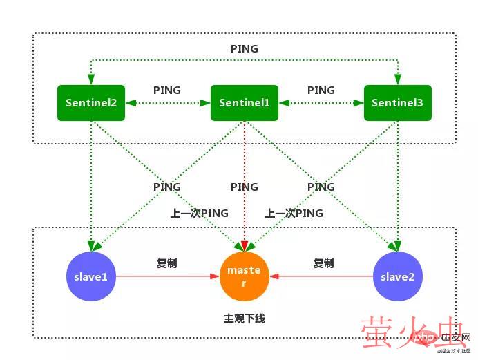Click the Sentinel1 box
tap(244, 103)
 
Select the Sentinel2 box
tap(91, 103)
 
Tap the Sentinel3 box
tap(397, 103)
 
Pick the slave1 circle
tap(91, 276)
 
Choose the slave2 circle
tap(397, 276)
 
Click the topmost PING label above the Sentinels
tap(244, 49)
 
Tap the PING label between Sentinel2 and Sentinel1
tap(167, 90)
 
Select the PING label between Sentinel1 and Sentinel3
tap(321, 90)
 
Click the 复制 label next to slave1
tap(167, 263)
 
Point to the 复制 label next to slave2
tap(323, 263)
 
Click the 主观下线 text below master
tap(244, 319)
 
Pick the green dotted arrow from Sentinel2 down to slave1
tap(91, 180)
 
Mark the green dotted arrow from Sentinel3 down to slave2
tap(397, 180)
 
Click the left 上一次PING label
tap(200, 214)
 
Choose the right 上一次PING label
tap(294, 214)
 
